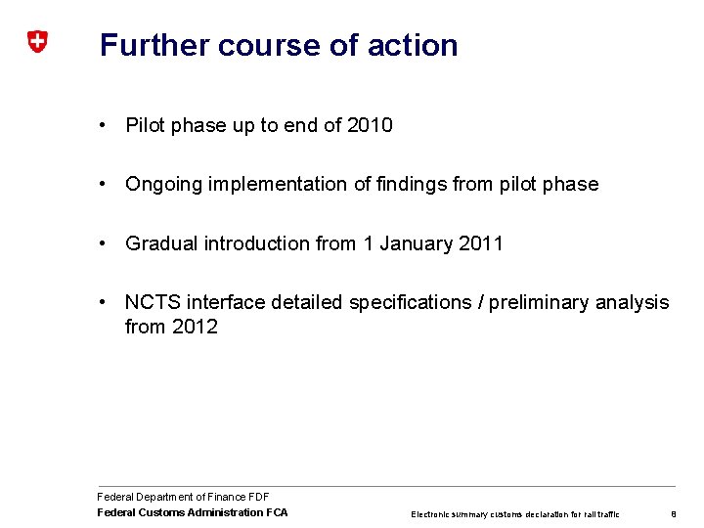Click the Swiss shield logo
point(36,42)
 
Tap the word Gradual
point(161,243)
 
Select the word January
point(418,243)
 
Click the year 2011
point(481,243)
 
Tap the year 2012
point(195,327)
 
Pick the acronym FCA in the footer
point(276,512)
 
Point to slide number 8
point(674,513)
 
